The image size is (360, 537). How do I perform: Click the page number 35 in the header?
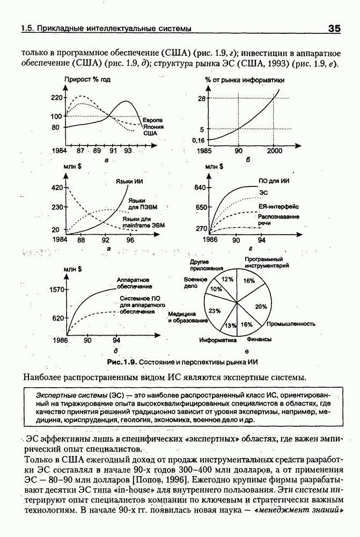332,29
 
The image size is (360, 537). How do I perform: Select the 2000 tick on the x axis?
274,151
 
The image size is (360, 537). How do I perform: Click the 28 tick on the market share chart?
202,99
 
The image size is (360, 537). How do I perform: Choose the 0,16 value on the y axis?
199,140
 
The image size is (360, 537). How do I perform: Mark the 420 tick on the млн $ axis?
56,188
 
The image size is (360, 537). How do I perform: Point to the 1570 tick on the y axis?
56,289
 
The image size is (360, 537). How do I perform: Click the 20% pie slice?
261,307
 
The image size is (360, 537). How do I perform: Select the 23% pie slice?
215,311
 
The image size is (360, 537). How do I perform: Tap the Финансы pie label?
259,339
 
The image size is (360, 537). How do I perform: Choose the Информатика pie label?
218,340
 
